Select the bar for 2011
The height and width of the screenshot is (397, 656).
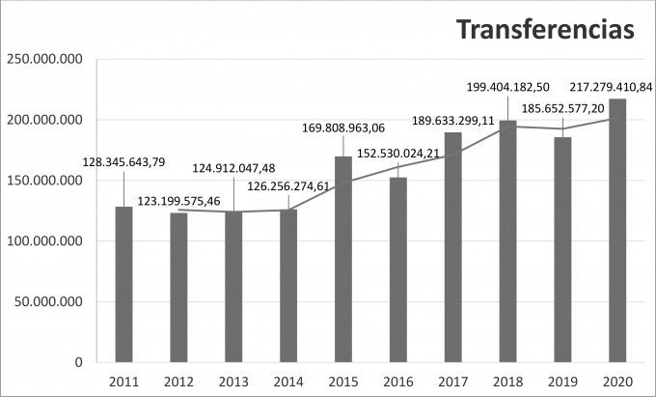point(123,284)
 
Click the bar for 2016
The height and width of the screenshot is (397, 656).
point(398,269)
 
